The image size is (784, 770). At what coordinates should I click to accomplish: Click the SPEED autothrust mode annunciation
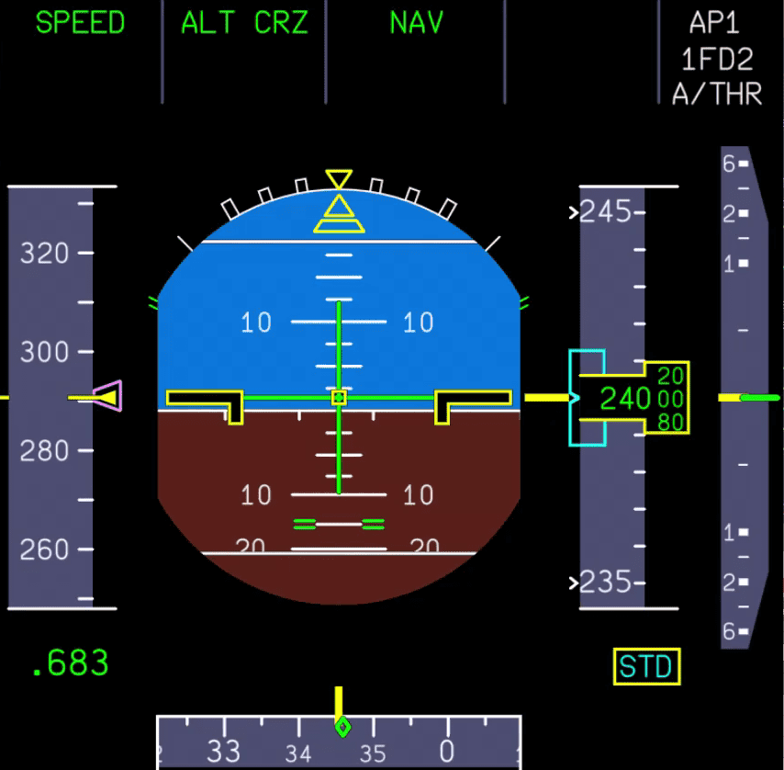(x=80, y=23)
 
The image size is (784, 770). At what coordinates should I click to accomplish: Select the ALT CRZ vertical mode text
(x=244, y=23)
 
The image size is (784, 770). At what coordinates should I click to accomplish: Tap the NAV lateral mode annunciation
(x=417, y=23)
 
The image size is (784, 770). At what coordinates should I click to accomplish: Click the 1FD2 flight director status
(x=717, y=60)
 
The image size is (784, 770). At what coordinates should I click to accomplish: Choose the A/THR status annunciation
(x=717, y=94)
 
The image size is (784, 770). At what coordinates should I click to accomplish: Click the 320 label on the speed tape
(x=45, y=253)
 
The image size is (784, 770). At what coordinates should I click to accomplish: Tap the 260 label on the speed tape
(x=45, y=549)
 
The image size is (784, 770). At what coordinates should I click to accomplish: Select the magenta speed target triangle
(x=108, y=397)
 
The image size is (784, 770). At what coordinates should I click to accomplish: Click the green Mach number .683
(x=70, y=663)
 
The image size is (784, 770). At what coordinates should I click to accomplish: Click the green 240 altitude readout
(x=625, y=399)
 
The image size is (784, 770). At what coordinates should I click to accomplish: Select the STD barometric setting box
(x=646, y=667)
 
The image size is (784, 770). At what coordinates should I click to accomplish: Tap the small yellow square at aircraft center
(x=339, y=397)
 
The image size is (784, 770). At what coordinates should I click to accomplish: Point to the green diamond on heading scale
(x=342, y=728)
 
